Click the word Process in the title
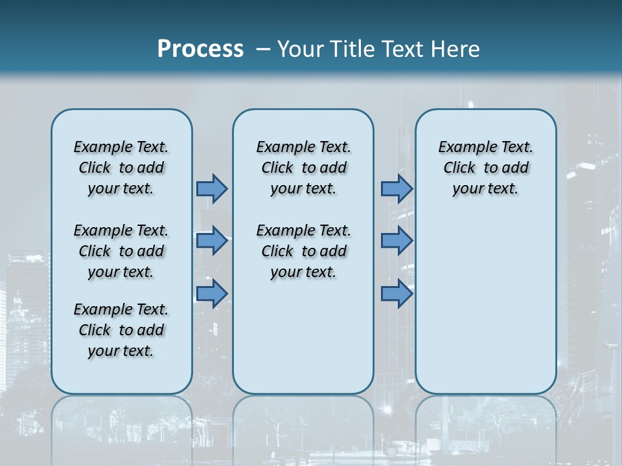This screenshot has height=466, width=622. pyautogui.click(x=200, y=49)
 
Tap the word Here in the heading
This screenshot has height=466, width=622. pyautogui.click(x=456, y=49)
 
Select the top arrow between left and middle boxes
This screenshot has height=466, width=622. pyautogui.click(x=212, y=188)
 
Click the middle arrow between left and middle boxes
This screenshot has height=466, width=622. pyautogui.click(x=212, y=241)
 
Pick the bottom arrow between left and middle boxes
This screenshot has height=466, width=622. pyautogui.click(x=212, y=293)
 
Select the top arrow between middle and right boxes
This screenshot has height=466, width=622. pyautogui.click(x=397, y=188)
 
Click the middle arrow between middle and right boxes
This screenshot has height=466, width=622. pyautogui.click(x=397, y=241)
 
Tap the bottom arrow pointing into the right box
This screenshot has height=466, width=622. pyautogui.click(x=397, y=293)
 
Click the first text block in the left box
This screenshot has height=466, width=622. pyautogui.click(x=121, y=168)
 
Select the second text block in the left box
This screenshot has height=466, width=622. pyautogui.click(x=121, y=251)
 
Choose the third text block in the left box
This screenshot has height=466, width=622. pyautogui.click(x=121, y=330)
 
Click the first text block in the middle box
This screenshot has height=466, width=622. pyautogui.click(x=303, y=168)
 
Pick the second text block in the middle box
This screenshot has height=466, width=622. pyautogui.click(x=303, y=251)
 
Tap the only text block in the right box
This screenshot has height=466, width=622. pyautogui.click(x=485, y=168)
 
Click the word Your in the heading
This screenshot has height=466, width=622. pyautogui.click(x=300, y=49)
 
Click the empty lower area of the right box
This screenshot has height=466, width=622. pyautogui.click(x=485, y=311)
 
